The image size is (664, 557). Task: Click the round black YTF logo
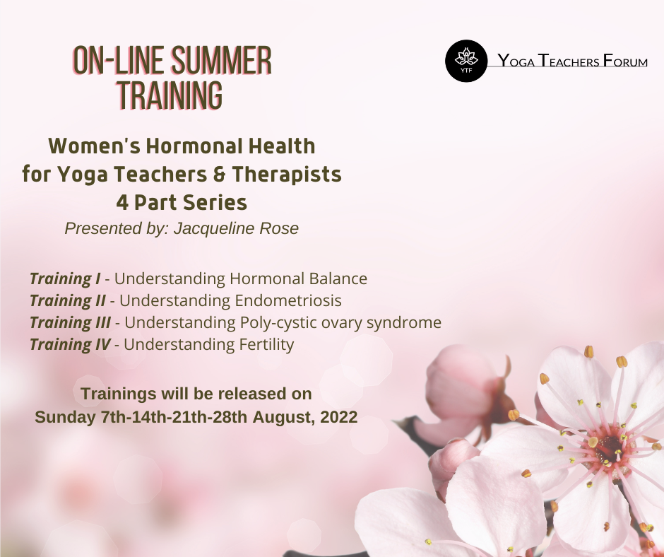pos(466,61)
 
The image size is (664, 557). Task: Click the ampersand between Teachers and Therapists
pos(220,175)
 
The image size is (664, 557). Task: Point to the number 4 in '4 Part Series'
pos(122,203)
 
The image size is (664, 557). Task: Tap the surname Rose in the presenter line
pos(279,228)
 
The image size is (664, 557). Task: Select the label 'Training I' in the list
pos(65,279)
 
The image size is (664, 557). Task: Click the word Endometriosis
pos(288,300)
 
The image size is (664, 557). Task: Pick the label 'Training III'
pos(70,323)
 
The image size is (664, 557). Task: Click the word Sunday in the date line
pos(65,417)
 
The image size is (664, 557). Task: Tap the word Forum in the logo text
pos(624,61)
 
